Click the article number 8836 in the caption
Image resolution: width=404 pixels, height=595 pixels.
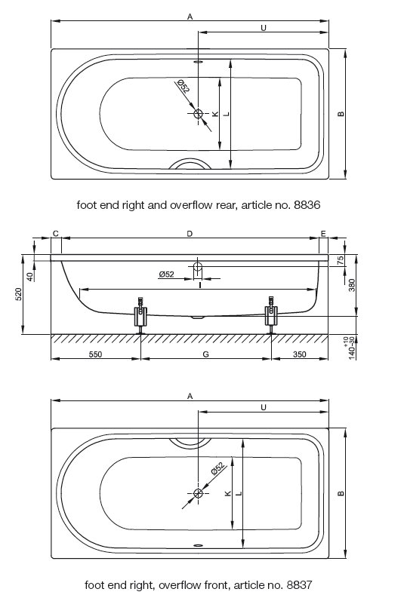pyautogui.click(x=307, y=205)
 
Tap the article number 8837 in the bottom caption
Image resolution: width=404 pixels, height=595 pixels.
pyautogui.click(x=299, y=584)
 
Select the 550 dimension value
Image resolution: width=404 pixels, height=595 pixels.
pyautogui.click(x=95, y=354)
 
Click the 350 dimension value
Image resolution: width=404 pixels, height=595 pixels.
pyautogui.click(x=300, y=354)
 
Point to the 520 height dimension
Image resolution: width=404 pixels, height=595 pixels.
pyautogui.click(x=19, y=294)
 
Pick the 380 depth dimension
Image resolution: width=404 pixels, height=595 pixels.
pyautogui.click(x=352, y=285)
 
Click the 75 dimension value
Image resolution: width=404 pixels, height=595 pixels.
pyautogui.click(x=341, y=260)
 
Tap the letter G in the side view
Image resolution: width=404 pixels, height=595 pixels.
pyautogui.click(x=205, y=354)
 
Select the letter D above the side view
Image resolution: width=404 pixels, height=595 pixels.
pyautogui.click(x=190, y=233)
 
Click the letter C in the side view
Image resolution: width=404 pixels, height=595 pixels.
pyautogui.click(x=55, y=233)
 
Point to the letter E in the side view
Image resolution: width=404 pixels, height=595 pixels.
pyautogui.click(x=323, y=233)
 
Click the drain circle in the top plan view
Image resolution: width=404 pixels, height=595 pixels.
pyautogui.click(x=199, y=113)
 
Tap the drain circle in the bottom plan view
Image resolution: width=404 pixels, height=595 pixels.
pyautogui.click(x=198, y=493)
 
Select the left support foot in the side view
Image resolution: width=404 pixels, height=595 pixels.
pyautogui.click(x=140, y=315)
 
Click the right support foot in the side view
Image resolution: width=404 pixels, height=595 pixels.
pyautogui.click(x=271, y=315)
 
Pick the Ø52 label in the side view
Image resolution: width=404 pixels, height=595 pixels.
pyautogui.click(x=166, y=274)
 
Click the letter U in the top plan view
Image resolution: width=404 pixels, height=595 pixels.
pyautogui.click(x=264, y=27)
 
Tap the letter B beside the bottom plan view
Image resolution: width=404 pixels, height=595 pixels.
pyautogui.click(x=341, y=493)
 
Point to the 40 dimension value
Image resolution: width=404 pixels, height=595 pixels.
pyautogui.click(x=30, y=277)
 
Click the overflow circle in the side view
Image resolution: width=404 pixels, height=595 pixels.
pyautogui.click(x=198, y=266)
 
